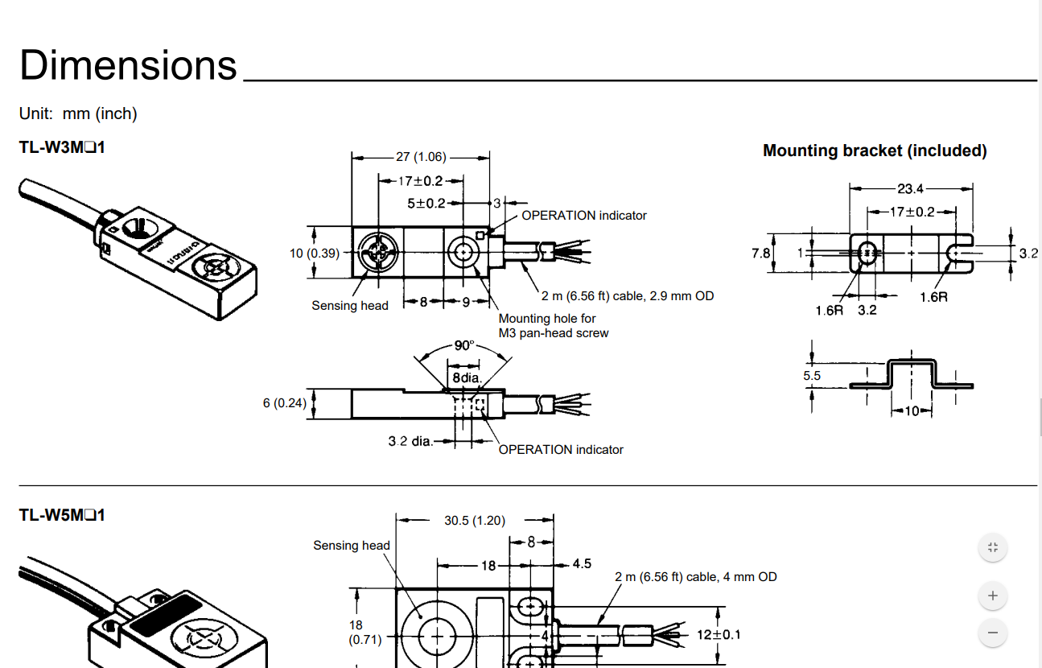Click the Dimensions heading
click(x=129, y=64)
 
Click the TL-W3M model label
click(x=62, y=148)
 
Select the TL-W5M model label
click(x=62, y=514)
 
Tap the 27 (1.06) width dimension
click(x=421, y=157)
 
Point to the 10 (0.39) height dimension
click(x=314, y=254)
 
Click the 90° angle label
click(x=464, y=345)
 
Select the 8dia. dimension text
click(x=466, y=377)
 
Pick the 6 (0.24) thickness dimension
click(x=284, y=402)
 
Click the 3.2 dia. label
click(x=410, y=441)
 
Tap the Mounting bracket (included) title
click(x=875, y=151)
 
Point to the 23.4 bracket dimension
click(x=911, y=189)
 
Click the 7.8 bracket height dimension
click(x=760, y=253)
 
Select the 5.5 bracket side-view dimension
click(x=812, y=375)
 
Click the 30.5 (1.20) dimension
click(x=475, y=521)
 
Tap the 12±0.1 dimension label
click(x=719, y=634)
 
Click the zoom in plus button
click(x=993, y=596)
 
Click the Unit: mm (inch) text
click(x=78, y=113)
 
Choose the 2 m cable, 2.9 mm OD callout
click(x=628, y=296)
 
